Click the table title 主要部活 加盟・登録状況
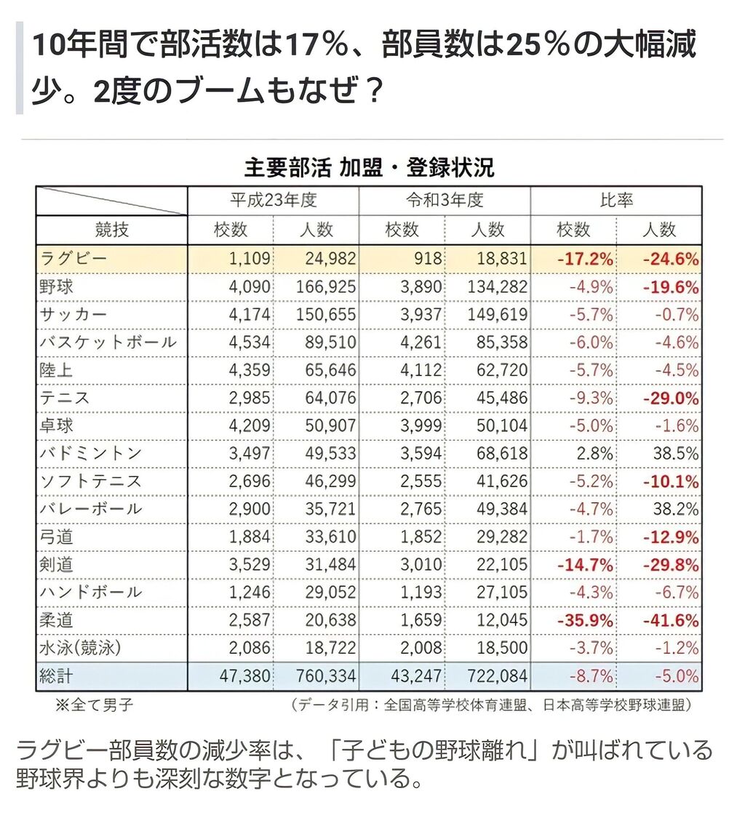tap(369, 168)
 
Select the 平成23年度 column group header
tap(274, 200)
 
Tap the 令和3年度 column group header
tap(445, 200)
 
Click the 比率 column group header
tap(616, 200)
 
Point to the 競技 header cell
tap(112, 230)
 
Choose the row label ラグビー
tap(74, 259)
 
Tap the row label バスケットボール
tap(108, 342)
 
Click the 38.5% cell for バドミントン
tap(676, 453)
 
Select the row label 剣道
tap(57, 565)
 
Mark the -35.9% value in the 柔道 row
tap(585, 620)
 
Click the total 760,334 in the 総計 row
tap(325, 676)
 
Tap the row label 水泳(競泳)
tap(79, 648)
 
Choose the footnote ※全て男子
tap(95, 704)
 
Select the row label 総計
tap(57, 676)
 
